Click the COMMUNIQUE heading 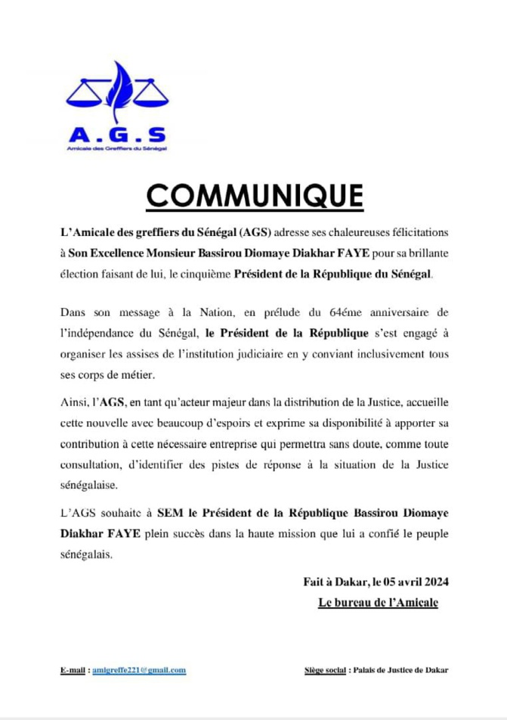254,195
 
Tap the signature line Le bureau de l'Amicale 379,602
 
